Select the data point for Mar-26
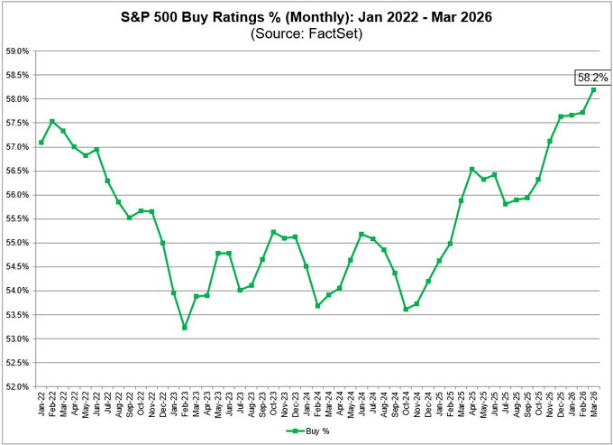coord(593,89)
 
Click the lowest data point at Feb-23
coord(184,327)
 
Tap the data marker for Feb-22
coord(52,121)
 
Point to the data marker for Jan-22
coord(41,143)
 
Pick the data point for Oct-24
coord(406,309)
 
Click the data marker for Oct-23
coord(274,232)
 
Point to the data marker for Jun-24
coord(362,235)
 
